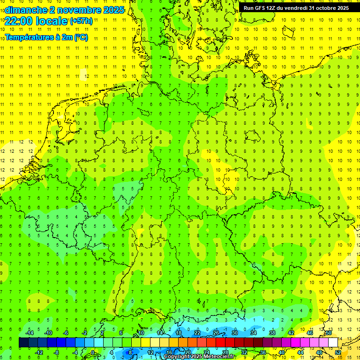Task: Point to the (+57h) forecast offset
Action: (81, 21)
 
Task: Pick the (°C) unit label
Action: (80, 37)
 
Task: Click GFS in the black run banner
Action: (261, 8)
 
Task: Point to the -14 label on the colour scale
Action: (30, 333)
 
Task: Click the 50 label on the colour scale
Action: (329, 333)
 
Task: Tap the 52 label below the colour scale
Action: (338, 352)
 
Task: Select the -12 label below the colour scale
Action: (39, 352)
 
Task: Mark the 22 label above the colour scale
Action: (197, 333)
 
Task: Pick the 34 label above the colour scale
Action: (254, 333)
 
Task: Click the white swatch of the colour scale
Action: (333, 343)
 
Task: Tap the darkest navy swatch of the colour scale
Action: (23, 343)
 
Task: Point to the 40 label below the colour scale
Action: (282, 352)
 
